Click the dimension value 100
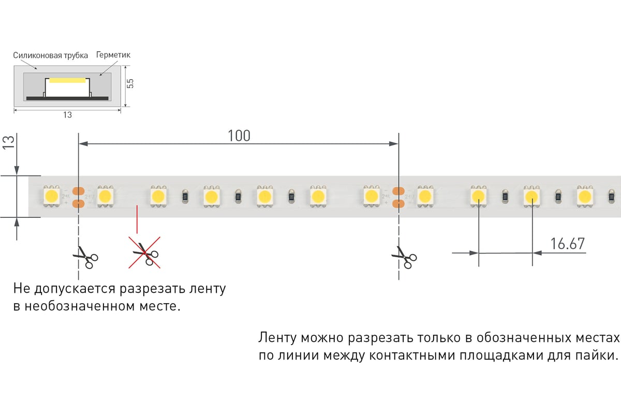coord(239,136)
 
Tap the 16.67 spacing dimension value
coord(567,244)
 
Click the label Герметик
coord(113,55)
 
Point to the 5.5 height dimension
coord(130,83)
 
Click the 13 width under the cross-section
coord(67,115)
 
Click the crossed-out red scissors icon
coord(145,253)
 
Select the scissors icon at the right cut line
coord(404,257)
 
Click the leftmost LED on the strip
coord(51,196)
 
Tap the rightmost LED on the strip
coord(585,196)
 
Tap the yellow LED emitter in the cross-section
coord(67,81)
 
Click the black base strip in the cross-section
coord(67,98)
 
